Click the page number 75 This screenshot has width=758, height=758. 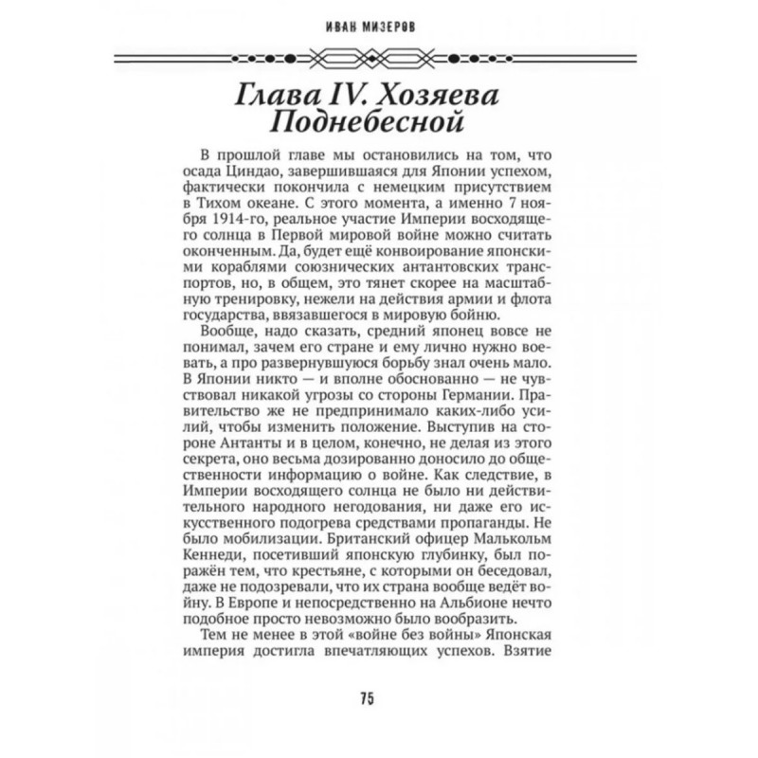368,699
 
